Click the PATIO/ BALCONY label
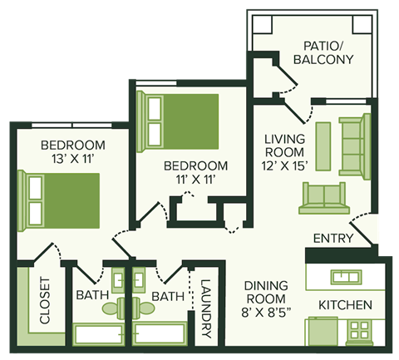pos(323,52)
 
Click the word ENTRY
pos(332,239)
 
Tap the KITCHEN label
pos(345,304)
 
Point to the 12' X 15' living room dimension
pos(285,166)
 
